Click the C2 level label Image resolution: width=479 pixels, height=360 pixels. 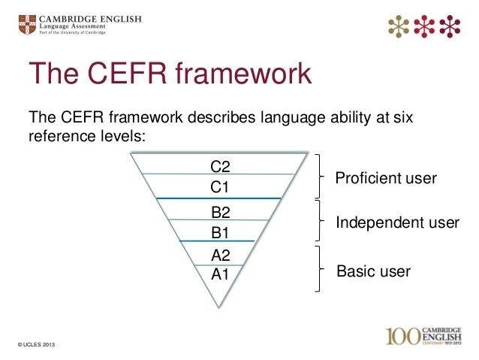(220, 166)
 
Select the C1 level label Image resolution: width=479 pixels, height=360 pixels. (220, 186)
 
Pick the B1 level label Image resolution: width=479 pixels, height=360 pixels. (220, 231)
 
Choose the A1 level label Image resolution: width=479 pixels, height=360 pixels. (220, 274)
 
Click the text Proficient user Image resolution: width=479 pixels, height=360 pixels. (385, 178)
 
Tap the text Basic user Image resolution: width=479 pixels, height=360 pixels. (373, 271)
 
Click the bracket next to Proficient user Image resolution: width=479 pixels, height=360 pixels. (322, 176)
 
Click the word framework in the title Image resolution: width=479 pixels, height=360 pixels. (240, 75)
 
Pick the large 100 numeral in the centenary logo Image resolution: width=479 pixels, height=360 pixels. (407, 336)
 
